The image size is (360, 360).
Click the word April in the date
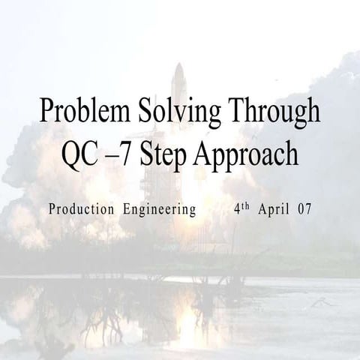274,210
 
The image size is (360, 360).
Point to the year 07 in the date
304,209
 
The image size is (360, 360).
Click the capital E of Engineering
126,209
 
